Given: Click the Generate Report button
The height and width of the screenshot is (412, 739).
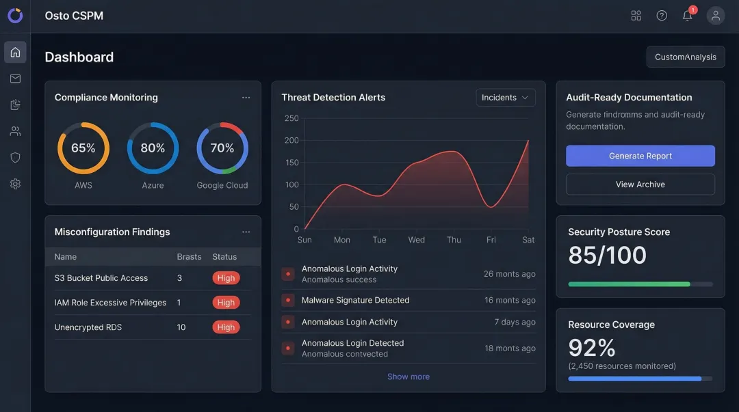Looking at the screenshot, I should pyautogui.click(x=640, y=156).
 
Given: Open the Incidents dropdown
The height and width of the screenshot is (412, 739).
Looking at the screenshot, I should pyautogui.click(x=505, y=98).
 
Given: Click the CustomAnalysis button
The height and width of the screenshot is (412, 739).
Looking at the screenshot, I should pyautogui.click(x=685, y=57).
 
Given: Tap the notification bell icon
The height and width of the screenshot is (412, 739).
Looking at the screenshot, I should pyautogui.click(x=687, y=16).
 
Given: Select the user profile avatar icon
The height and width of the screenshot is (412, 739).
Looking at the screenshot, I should pyautogui.click(x=715, y=16).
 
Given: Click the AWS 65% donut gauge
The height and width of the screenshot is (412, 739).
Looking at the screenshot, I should pyautogui.click(x=83, y=148).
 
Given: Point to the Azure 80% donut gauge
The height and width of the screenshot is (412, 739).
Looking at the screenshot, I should pyautogui.click(x=153, y=148).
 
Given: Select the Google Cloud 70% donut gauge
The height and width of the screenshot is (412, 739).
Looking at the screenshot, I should pyautogui.click(x=222, y=148).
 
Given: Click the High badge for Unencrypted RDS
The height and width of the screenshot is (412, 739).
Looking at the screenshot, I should pyautogui.click(x=225, y=327).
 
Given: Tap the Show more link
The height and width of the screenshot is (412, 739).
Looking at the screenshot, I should pyautogui.click(x=408, y=376).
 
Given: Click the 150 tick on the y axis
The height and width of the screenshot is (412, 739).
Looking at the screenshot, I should pyautogui.click(x=292, y=163).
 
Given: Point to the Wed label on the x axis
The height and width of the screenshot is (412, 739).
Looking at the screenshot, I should pyautogui.click(x=416, y=240).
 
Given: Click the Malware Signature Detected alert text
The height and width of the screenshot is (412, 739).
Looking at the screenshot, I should pyautogui.click(x=355, y=300).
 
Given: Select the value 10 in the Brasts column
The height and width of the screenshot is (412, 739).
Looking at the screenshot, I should pyautogui.click(x=181, y=327).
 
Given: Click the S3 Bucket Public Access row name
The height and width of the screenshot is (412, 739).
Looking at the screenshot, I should pyautogui.click(x=101, y=278).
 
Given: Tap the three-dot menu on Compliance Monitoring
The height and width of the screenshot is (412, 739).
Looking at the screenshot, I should pyautogui.click(x=246, y=98).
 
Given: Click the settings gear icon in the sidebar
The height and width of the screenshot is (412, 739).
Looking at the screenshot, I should pyautogui.click(x=15, y=184).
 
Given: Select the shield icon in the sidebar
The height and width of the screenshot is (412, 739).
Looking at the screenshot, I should pyautogui.click(x=15, y=157).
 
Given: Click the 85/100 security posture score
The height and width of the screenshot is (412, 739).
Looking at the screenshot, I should pyautogui.click(x=607, y=255).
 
